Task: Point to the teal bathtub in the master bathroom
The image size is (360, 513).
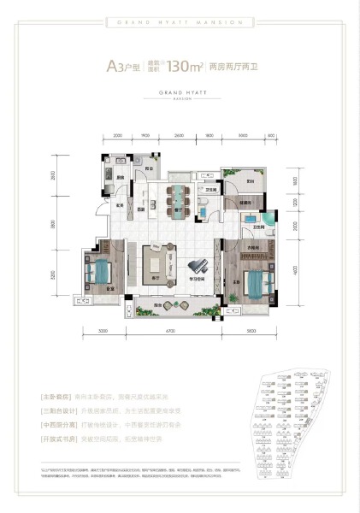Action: pyautogui.click(x=269, y=225)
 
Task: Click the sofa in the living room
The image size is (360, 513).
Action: pyautogui.click(x=156, y=259)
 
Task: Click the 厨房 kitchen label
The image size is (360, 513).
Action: pyautogui.click(x=121, y=178)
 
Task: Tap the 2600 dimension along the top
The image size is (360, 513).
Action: pyautogui.click(x=178, y=136)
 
